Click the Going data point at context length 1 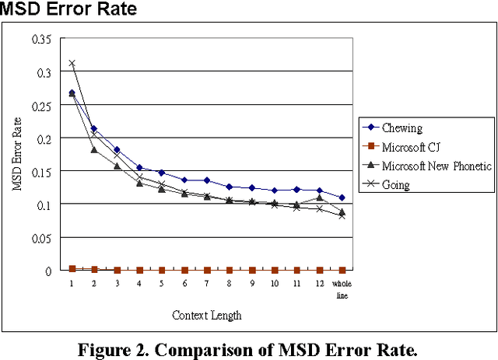[72, 63]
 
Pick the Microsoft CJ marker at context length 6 [184, 270]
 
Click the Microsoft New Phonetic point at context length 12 [320, 197]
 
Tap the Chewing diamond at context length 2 [94, 128]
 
